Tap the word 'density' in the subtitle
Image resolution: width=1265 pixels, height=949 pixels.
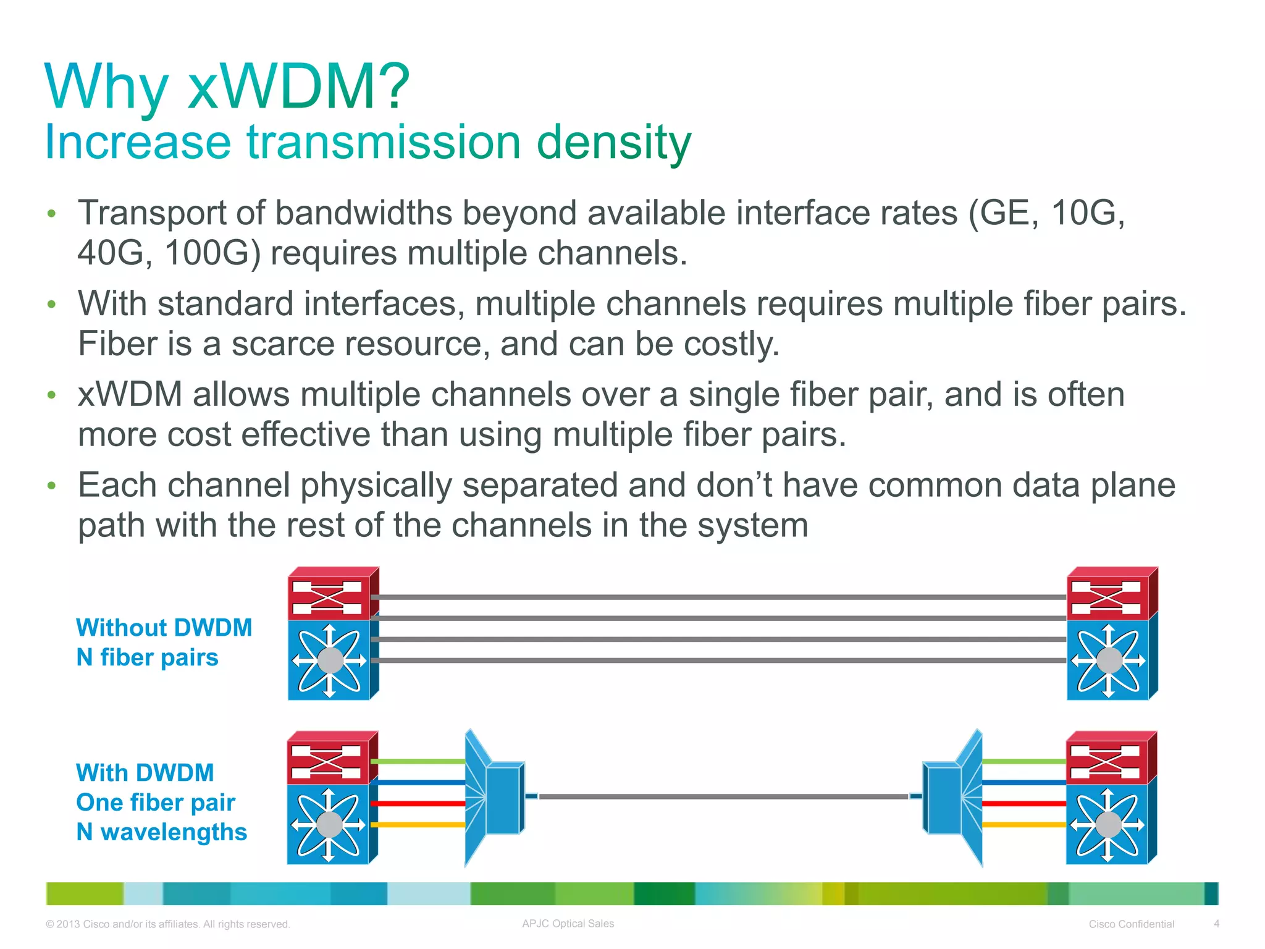[x=613, y=143]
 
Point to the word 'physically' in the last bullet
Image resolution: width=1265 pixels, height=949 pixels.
[x=376, y=485]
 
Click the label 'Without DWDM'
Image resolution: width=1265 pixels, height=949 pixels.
[x=164, y=628]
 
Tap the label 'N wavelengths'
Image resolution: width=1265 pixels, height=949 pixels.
[x=161, y=832]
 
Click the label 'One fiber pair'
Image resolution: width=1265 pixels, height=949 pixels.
[x=155, y=803]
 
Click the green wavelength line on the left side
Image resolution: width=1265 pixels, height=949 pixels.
[x=418, y=762]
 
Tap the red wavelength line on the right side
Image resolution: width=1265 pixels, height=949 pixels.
[x=1023, y=804]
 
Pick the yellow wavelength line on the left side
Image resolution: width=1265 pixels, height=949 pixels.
[x=418, y=825]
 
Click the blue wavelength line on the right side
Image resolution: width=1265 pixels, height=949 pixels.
[x=1023, y=783]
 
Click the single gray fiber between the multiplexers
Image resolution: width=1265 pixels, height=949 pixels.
[x=723, y=797]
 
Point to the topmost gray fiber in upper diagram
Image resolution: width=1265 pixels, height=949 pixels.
[x=723, y=597]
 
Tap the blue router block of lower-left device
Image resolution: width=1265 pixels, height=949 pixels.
[x=329, y=824]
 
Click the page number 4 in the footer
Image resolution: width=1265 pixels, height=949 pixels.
[x=1216, y=924]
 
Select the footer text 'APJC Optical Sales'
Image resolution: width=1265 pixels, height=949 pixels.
[x=568, y=924]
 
